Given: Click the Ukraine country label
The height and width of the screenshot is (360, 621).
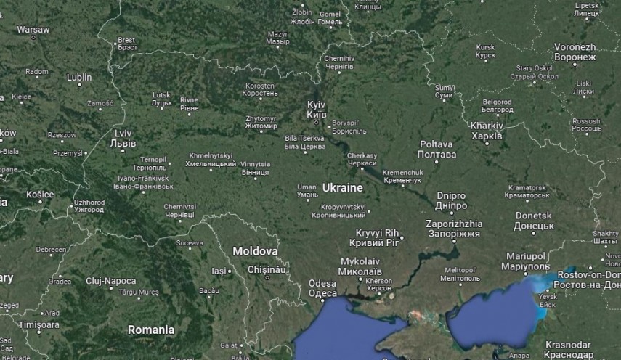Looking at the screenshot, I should point(342,188).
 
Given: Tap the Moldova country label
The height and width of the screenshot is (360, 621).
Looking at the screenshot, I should point(255,251).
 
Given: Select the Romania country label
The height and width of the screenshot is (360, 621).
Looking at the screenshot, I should point(151,330).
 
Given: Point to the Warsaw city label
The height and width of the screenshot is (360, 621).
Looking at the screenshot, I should point(33,30).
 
